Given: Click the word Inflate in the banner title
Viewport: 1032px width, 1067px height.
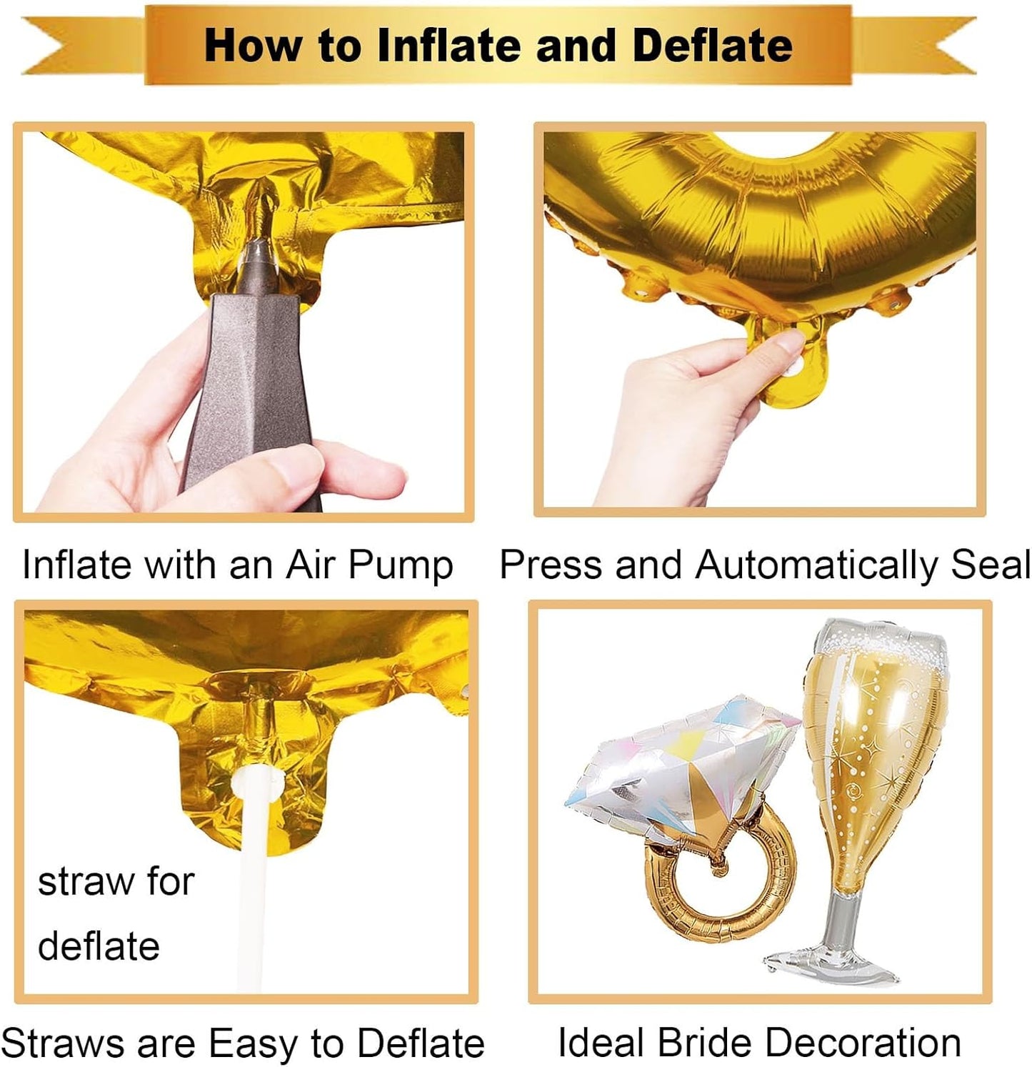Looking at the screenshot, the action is [449, 45].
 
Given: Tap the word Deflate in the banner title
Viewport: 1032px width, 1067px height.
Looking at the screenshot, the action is [712, 45].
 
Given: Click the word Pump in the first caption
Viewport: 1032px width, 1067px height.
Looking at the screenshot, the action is [401, 566].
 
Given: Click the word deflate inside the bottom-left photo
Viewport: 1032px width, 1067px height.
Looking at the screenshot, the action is [99, 946].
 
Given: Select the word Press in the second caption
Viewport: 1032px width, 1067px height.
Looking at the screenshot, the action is [553, 565].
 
